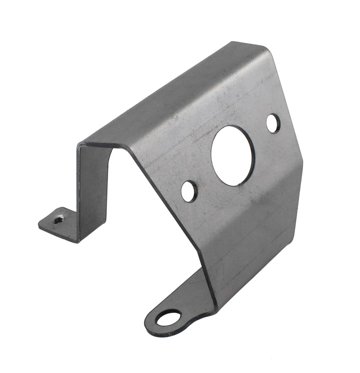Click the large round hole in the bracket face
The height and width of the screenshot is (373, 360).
233,155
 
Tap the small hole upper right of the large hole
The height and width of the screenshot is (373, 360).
273,124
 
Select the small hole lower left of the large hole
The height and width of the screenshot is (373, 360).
189,191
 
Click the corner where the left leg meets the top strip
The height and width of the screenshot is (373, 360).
81,144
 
